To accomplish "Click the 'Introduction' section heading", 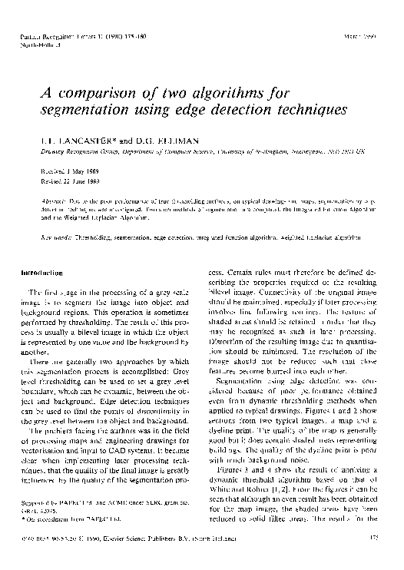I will [x=42, y=273].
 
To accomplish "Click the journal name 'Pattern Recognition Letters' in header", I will [x=65, y=37].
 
